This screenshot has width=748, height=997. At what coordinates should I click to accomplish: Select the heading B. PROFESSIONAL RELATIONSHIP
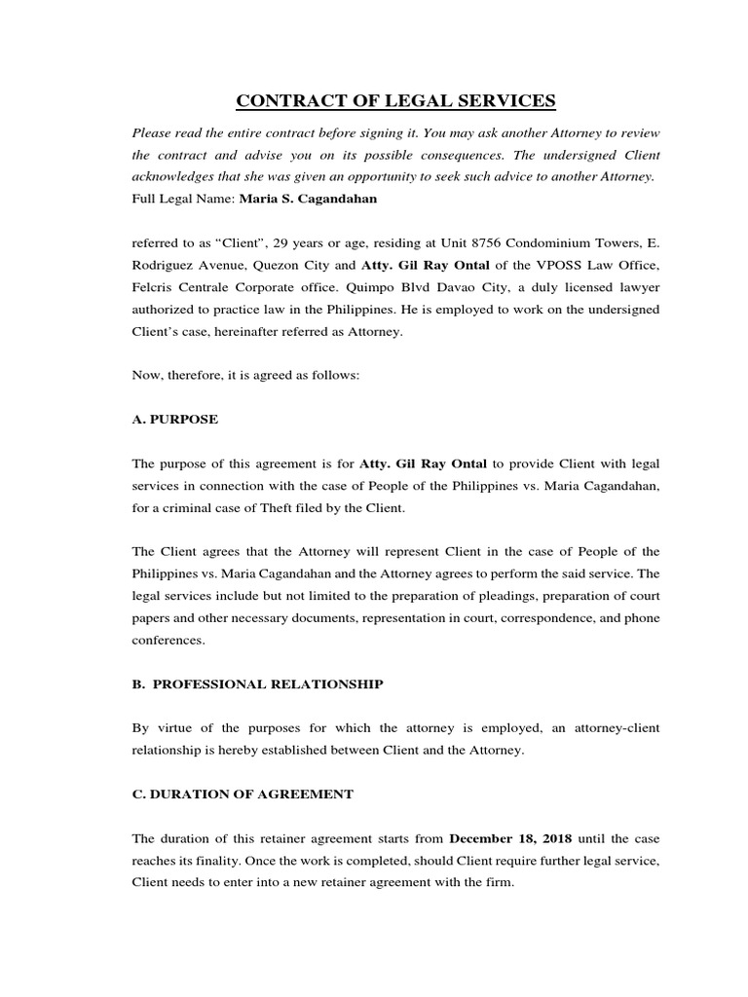click(x=257, y=683)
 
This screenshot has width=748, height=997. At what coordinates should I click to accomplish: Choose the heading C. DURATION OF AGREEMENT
click(x=242, y=794)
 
